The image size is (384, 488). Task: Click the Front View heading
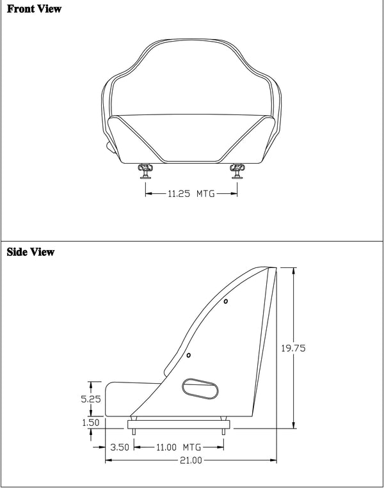coord(35,10)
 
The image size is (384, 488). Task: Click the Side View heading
coord(30,252)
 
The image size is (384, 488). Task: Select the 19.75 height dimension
coord(293,349)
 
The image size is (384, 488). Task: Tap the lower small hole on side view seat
coord(189,356)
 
